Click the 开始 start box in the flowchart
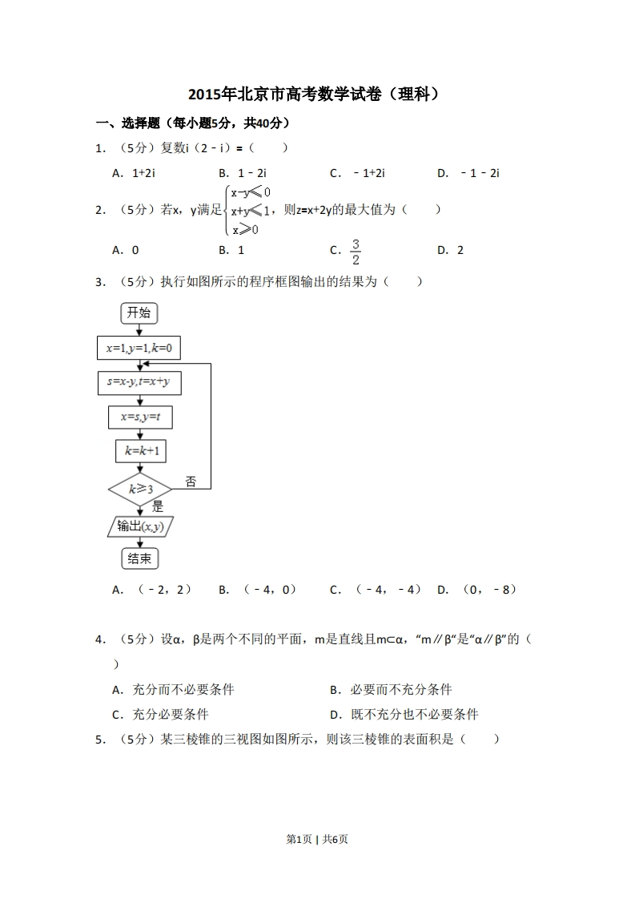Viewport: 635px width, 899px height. pos(139,312)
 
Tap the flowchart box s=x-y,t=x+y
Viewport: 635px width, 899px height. pos(139,383)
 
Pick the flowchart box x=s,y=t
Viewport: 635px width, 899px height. pos(140,417)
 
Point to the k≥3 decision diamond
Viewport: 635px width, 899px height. pos(140,488)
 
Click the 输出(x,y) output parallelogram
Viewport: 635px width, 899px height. pos(140,526)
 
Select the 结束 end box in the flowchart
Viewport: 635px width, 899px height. pos(139,558)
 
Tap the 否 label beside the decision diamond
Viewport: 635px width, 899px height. pos(191,482)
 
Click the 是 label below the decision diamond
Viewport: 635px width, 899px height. pos(158,506)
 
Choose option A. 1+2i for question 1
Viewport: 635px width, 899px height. pos(133,173)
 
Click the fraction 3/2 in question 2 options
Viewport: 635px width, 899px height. pos(356,251)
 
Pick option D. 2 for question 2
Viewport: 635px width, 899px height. pos(451,250)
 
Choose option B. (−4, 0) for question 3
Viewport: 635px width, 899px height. pos(257,590)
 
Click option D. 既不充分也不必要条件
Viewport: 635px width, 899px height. pos(404,715)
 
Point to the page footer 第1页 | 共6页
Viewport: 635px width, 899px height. pos(317,839)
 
